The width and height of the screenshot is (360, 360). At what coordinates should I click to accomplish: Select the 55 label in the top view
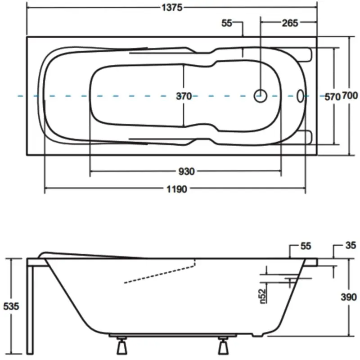(x=228, y=23)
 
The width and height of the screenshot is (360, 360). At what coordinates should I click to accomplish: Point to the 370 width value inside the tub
(x=184, y=96)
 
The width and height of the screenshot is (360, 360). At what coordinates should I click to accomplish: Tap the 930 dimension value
(x=186, y=171)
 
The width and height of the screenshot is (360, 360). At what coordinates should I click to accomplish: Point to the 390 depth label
(x=349, y=297)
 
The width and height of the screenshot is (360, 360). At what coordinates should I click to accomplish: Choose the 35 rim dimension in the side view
(x=351, y=245)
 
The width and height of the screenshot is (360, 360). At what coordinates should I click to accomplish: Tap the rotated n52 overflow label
(x=264, y=295)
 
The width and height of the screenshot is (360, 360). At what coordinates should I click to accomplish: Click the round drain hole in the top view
(x=260, y=95)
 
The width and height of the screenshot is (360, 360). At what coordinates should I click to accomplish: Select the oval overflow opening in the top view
(x=301, y=95)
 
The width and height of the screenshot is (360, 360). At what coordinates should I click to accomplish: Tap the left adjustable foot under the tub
(x=121, y=346)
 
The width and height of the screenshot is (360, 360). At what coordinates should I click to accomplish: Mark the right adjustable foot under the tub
(x=223, y=346)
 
